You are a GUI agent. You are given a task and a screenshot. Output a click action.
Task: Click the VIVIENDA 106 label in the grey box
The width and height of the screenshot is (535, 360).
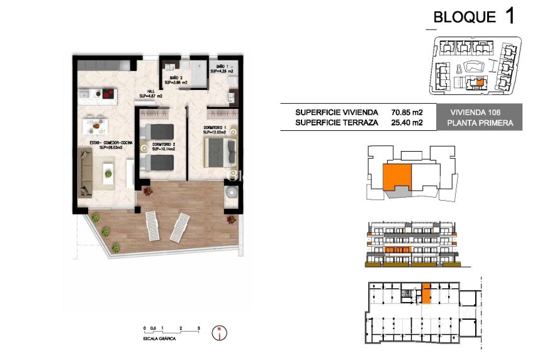tap(480, 113)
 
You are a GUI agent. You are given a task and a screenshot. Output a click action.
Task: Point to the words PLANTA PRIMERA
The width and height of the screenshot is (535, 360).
tap(480, 123)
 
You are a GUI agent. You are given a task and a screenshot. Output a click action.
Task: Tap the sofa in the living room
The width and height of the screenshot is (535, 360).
tap(86, 171)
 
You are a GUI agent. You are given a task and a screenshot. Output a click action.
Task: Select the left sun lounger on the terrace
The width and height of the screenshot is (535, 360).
tap(153, 225)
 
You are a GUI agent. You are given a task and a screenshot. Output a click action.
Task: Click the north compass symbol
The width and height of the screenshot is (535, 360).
tap(220, 332)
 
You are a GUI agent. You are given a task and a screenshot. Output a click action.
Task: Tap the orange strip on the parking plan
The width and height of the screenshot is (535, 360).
tap(426, 293)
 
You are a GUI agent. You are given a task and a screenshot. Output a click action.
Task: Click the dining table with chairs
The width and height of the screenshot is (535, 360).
tap(96, 124)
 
